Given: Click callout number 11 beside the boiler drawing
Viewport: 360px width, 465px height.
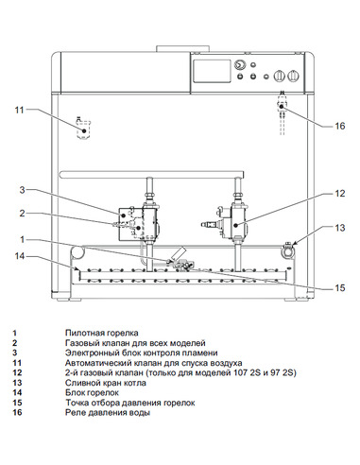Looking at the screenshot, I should click(19, 111).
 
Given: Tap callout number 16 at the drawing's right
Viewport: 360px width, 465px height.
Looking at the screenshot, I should click(341, 124).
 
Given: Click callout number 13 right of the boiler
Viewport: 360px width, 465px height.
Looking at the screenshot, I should click(341, 228).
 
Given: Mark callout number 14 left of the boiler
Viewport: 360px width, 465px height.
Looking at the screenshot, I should click(19, 255).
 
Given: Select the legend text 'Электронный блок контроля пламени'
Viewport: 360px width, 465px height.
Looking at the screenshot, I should click(136, 353).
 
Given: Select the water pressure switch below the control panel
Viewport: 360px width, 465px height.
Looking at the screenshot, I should click(282, 104).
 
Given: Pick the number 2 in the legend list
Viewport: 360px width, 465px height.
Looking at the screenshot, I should click(14, 343).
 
